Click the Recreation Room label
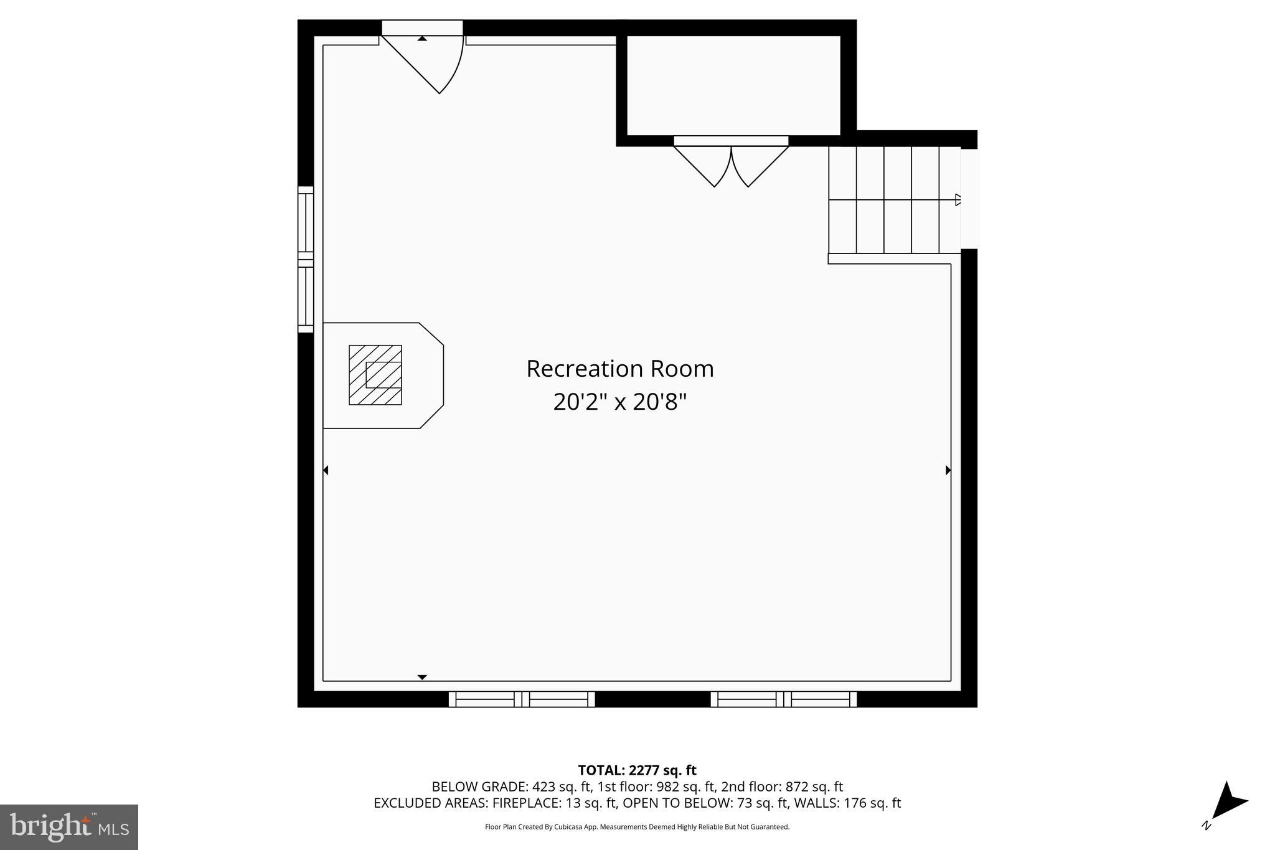click(619, 369)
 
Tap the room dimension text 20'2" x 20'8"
click(619, 402)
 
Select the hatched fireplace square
click(375, 375)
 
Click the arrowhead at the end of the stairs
click(957, 200)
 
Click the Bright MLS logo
click(69, 827)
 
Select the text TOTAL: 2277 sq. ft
click(637, 770)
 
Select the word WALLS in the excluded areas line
click(815, 803)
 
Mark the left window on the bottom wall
click(522, 699)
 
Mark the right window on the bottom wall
click(784, 699)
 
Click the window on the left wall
click(306, 259)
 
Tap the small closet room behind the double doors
click(733, 85)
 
